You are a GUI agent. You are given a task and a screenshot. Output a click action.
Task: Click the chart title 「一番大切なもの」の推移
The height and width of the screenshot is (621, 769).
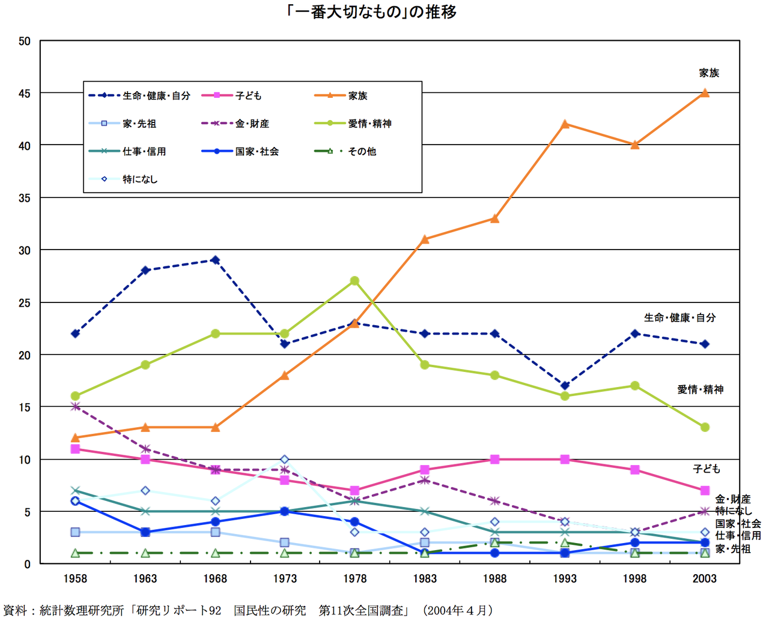click(372, 12)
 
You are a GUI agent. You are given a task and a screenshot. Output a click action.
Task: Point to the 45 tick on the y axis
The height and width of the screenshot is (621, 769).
click(24, 94)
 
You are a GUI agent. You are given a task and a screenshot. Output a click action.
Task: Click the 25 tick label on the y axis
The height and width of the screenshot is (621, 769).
click(24, 303)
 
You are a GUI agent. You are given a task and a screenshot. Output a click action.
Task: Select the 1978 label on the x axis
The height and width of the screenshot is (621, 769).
click(354, 578)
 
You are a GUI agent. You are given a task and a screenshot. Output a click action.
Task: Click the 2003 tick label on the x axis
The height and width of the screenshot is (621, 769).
click(705, 578)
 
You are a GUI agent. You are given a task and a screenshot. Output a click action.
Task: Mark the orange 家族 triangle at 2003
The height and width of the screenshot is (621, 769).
click(705, 93)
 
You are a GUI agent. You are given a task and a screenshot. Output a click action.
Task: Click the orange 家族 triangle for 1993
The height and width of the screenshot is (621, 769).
click(565, 124)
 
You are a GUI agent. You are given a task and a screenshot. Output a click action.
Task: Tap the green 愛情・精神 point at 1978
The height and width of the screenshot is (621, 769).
click(354, 281)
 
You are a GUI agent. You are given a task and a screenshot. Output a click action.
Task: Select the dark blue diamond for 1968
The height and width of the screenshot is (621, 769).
click(215, 260)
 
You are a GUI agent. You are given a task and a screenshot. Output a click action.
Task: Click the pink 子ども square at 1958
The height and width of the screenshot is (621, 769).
click(75, 449)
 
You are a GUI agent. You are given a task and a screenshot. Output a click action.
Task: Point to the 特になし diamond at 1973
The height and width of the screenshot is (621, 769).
click(285, 460)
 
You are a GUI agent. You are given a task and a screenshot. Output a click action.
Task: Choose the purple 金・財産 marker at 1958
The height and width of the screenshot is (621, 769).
click(75, 407)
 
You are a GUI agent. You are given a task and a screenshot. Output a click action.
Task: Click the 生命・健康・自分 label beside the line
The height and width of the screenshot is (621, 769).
click(679, 317)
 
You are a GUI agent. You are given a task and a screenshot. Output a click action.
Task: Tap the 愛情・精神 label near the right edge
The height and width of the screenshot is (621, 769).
click(700, 389)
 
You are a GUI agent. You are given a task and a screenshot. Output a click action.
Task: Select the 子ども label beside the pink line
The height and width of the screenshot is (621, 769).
click(706, 469)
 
